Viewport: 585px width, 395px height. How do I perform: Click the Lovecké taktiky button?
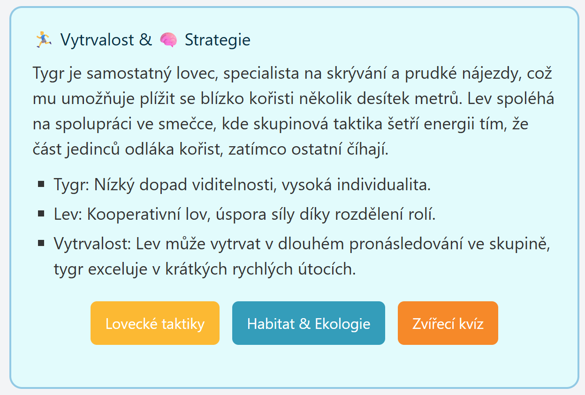[155, 323]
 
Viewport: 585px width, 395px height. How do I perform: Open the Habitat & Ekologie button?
[308, 323]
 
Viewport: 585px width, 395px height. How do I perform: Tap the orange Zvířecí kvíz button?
[448, 323]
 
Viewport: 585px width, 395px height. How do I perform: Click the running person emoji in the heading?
[44, 40]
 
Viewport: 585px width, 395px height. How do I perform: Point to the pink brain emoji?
[168, 40]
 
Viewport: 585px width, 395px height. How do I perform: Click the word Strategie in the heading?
[218, 40]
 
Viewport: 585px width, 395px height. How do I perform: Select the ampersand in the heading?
[145, 40]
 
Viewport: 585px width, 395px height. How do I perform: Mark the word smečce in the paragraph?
[188, 124]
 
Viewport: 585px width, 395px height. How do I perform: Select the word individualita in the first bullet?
[384, 185]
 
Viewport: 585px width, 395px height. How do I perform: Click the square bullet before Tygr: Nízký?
[41, 184]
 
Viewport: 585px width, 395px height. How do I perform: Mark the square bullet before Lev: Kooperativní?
[41, 214]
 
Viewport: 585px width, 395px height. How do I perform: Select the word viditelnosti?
[234, 185]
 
